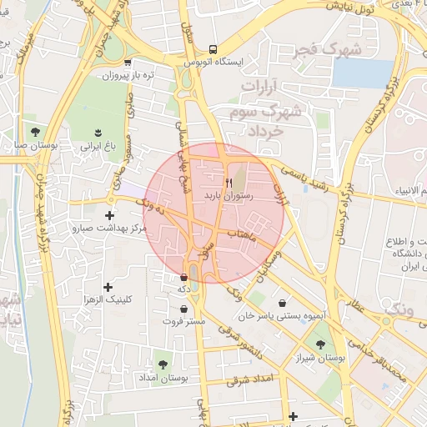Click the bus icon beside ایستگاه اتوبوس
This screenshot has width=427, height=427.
click(x=213, y=49)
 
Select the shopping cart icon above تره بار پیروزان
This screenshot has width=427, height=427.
click(x=127, y=62)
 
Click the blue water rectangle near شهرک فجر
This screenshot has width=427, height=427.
click(x=361, y=73)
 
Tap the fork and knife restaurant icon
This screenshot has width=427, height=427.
click(x=229, y=181)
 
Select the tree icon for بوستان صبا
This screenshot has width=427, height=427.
click(x=35, y=132)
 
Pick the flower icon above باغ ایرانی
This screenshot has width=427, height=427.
click(x=99, y=133)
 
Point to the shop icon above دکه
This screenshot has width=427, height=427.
click(x=183, y=277)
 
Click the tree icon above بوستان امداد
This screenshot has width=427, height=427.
click(x=162, y=364)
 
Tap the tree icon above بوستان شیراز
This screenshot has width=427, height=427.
click(x=320, y=344)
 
